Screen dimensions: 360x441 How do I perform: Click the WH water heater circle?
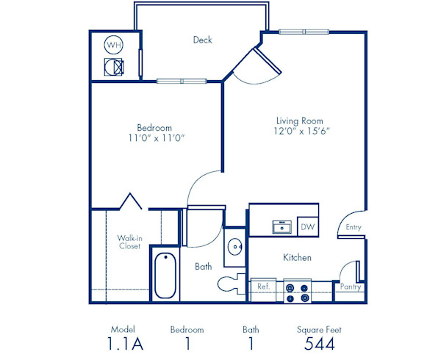113,45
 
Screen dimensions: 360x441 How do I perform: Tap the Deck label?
203,40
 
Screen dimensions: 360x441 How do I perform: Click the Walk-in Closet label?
129,242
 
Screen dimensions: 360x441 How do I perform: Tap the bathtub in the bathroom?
165,275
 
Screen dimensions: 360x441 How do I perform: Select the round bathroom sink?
235,248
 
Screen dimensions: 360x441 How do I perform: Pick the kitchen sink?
281,226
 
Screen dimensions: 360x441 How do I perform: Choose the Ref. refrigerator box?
263,287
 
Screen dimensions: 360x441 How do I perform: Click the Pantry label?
349,287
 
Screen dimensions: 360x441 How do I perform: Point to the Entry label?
354,228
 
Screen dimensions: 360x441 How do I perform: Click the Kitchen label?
298,258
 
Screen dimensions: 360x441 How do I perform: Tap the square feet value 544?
320,344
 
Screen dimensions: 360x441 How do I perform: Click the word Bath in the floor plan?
204,267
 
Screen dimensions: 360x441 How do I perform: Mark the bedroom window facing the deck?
181,80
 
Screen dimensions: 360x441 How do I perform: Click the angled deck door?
255,66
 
